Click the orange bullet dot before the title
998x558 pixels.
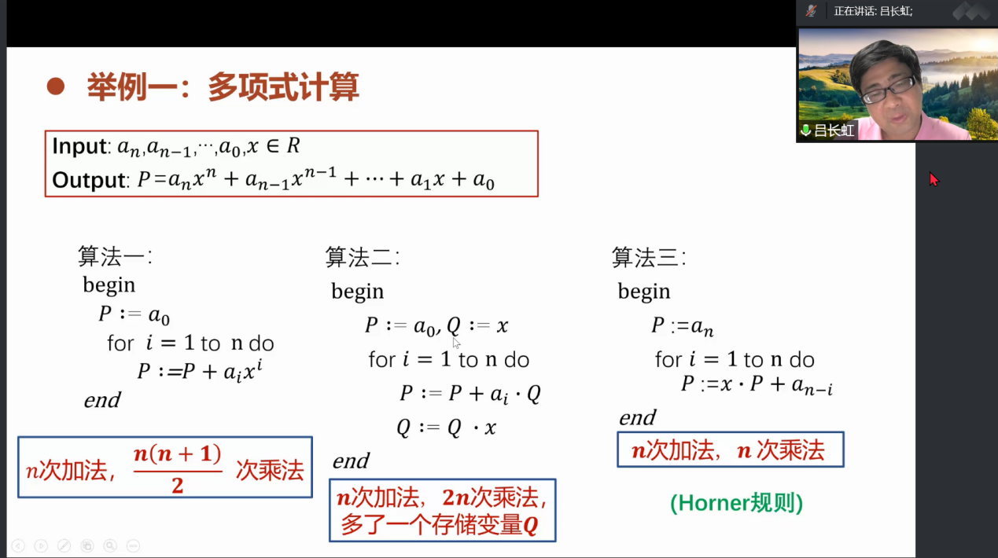click(x=56, y=86)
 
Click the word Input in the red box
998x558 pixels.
click(x=79, y=146)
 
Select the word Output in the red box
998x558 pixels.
click(x=89, y=180)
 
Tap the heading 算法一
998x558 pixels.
click(x=115, y=256)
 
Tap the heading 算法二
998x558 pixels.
click(x=363, y=257)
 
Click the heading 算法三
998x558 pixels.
click(x=649, y=257)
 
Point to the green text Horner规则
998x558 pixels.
click(x=736, y=503)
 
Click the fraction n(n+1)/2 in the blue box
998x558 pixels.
click(x=177, y=468)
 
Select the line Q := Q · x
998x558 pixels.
click(x=447, y=428)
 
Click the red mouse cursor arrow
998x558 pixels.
click(x=934, y=179)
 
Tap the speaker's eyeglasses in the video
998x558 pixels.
click(x=889, y=89)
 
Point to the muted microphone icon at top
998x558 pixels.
click(x=811, y=11)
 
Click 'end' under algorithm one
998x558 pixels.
click(x=102, y=400)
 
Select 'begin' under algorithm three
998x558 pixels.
click(x=644, y=292)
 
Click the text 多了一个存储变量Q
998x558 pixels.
click(x=440, y=525)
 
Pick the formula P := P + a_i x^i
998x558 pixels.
click(x=200, y=370)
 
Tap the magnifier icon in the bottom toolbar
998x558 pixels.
click(x=110, y=545)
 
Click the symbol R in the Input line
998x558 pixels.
click(x=293, y=145)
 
